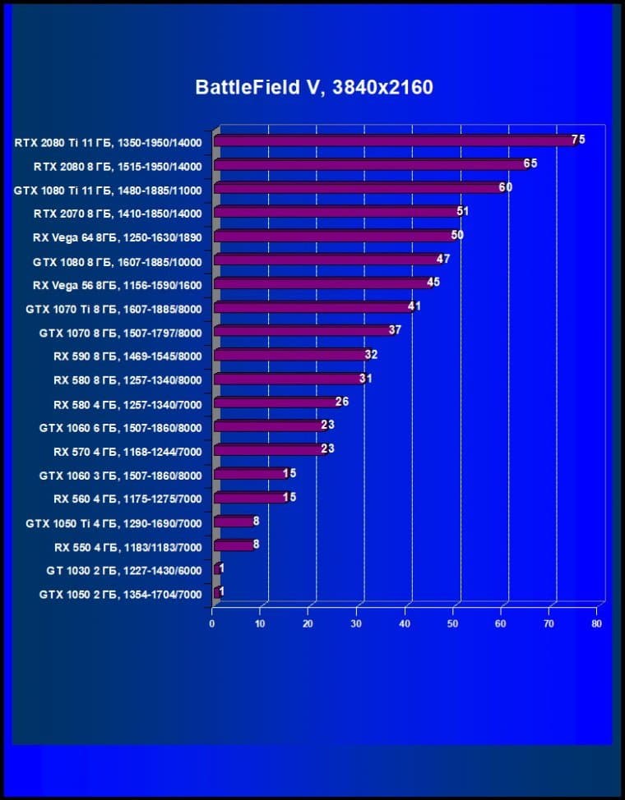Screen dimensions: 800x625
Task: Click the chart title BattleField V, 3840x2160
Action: (314, 87)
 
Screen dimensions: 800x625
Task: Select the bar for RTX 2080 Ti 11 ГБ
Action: (395, 141)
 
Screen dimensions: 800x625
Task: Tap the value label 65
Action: (530, 163)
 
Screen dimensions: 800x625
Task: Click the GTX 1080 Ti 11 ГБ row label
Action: (108, 190)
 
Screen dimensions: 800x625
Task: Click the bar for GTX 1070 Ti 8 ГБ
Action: (312, 308)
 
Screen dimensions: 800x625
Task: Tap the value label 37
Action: (395, 330)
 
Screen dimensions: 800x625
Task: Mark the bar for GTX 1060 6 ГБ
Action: (268, 427)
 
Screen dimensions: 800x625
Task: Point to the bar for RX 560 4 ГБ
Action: (249, 499)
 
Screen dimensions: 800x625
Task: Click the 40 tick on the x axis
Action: (405, 624)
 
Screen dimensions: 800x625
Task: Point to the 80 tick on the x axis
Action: (597, 624)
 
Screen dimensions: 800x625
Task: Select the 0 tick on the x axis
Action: (212, 624)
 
